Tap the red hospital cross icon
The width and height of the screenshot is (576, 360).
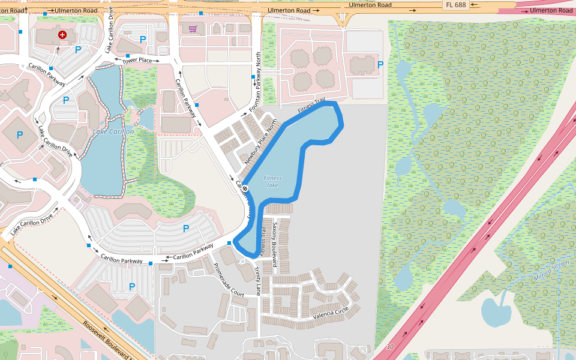coord(62,35)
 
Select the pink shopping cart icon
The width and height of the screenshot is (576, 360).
coord(193,28)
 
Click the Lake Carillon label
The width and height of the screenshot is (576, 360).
coord(113,131)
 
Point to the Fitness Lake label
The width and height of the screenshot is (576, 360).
coord(272,181)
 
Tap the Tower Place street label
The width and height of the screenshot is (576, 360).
coord(137,61)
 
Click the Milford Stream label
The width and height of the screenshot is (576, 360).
coord(551,271)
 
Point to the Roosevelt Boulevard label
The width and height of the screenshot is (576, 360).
coord(108,341)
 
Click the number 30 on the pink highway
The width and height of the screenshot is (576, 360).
coord(390,347)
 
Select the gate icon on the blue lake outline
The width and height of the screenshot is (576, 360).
coord(245,188)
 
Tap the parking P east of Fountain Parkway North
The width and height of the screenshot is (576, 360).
coord(380,64)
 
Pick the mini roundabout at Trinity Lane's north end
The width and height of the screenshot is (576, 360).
coord(242,262)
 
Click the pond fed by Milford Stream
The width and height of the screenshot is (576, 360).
coord(496,311)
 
